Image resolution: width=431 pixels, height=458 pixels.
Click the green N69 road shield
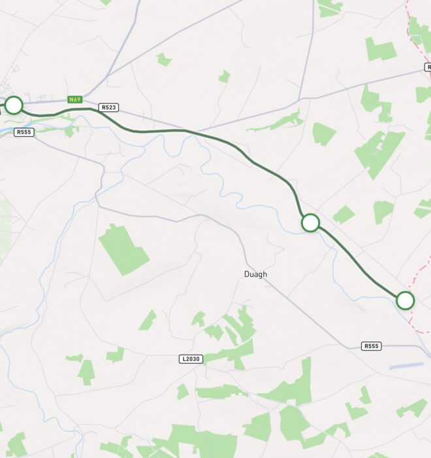pos(74,99)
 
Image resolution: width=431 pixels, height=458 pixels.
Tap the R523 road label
pos(108,107)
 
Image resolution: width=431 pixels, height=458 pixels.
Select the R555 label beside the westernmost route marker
pos(24,132)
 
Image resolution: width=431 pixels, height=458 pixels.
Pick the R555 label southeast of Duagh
pos(372,345)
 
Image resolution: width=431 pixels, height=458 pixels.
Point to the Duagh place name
pos(255,274)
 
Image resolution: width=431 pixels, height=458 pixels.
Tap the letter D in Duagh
pos(247,274)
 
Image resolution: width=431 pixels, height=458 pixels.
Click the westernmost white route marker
pos(13,105)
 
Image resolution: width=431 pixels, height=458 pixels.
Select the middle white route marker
pos(310,222)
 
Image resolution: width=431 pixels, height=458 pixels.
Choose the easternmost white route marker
pos(405,300)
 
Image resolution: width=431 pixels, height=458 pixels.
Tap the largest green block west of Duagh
pos(122,249)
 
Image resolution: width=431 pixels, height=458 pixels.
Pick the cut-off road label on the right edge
pos(428,67)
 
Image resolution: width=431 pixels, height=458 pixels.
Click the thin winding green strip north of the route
pos(278,122)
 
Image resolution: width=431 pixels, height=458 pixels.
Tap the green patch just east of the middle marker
pos(343,215)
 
